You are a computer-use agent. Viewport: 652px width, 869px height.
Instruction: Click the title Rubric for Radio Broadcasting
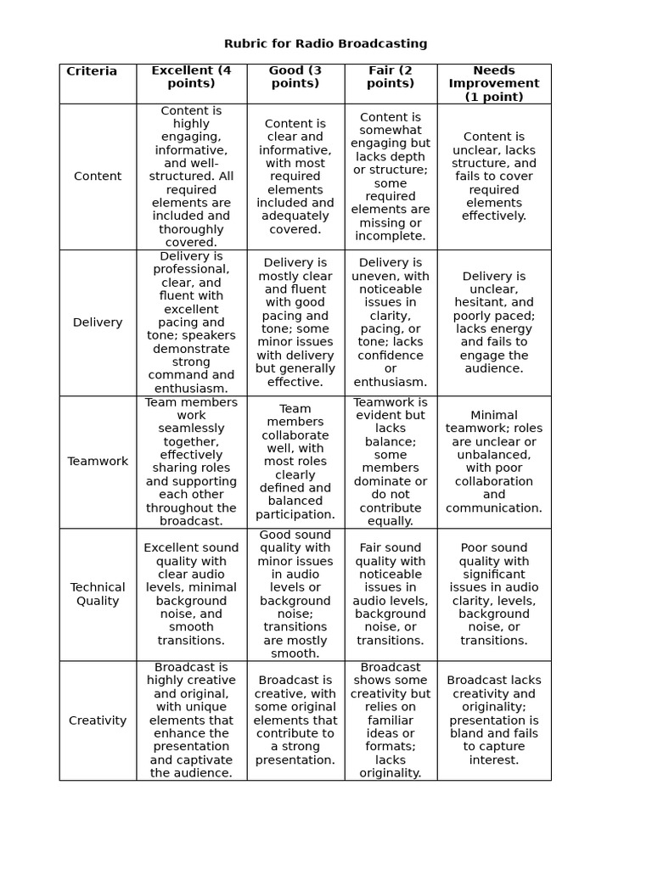tap(325, 43)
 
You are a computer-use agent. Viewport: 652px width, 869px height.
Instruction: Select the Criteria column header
tap(92, 71)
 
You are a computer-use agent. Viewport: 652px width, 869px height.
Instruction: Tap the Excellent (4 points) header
tap(191, 77)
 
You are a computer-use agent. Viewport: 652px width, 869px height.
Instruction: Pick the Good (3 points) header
tap(295, 77)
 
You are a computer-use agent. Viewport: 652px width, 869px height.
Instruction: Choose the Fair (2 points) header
tap(391, 77)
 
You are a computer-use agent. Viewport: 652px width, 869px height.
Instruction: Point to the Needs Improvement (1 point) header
tap(494, 83)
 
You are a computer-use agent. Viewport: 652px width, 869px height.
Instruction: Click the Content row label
tap(98, 177)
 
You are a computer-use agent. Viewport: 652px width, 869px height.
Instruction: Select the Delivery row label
tap(98, 322)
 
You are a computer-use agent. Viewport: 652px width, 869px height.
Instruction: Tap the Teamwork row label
tap(98, 462)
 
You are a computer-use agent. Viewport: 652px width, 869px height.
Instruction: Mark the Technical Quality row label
tap(98, 594)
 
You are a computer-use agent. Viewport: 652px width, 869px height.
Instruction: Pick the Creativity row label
tap(98, 720)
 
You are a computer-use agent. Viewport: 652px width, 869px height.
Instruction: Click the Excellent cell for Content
tap(191, 177)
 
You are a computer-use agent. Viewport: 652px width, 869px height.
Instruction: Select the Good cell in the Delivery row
tap(295, 322)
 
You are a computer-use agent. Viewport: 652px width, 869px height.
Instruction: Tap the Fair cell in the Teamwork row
tap(391, 462)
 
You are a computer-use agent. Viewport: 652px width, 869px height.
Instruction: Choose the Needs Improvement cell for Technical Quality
tap(494, 594)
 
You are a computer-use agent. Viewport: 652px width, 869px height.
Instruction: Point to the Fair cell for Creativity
tap(391, 720)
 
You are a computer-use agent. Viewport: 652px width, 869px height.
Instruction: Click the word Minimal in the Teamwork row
tap(494, 416)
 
